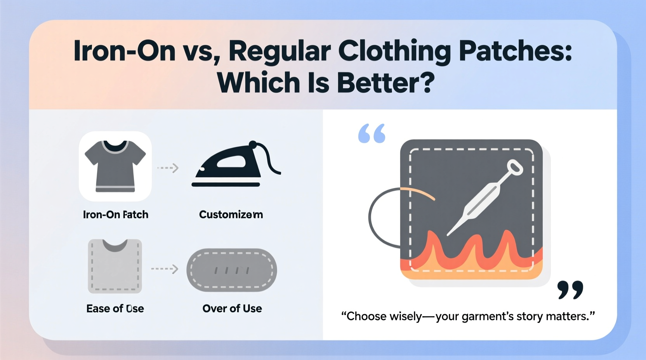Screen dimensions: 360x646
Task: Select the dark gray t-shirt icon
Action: click(115, 166)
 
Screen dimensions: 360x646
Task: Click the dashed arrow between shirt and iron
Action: click(168, 168)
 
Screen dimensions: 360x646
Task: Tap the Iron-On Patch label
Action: click(116, 215)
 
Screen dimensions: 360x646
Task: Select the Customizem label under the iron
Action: click(231, 215)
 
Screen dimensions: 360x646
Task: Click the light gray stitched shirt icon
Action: click(115, 266)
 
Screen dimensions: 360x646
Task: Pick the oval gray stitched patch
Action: click(232, 270)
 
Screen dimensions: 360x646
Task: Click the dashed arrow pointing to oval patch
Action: click(165, 269)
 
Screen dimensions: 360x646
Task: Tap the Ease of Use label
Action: click(115, 308)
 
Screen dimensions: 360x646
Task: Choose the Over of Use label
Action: click(232, 308)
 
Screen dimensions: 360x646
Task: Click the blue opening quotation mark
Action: click(372, 133)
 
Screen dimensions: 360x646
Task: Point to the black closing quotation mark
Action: click(570, 290)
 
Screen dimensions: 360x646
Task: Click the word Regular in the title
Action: click(280, 51)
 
